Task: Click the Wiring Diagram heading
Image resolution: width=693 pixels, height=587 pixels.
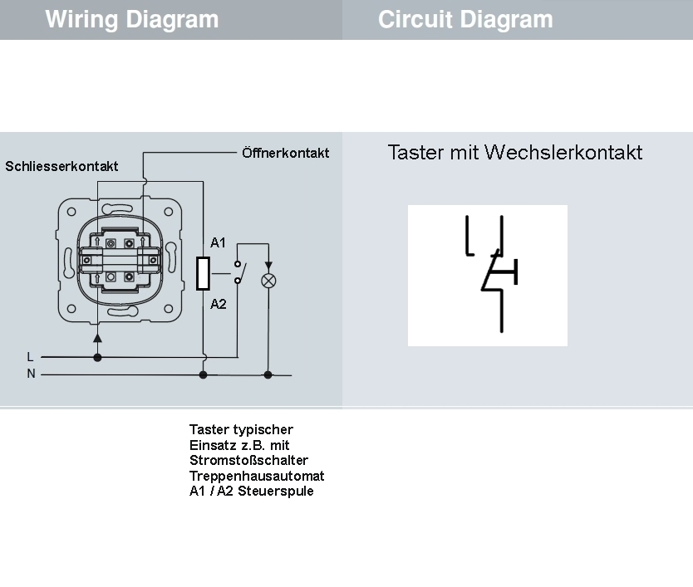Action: click(x=132, y=19)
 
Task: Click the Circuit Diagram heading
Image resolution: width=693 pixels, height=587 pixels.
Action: click(x=465, y=19)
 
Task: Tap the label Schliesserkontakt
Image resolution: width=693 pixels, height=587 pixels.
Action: click(x=61, y=166)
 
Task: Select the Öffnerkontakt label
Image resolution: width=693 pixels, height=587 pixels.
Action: click(x=285, y=153)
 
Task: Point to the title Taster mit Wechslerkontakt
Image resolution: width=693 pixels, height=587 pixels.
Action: click(x=515, y=153)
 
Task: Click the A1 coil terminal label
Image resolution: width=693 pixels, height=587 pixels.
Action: click(x=218, y=243)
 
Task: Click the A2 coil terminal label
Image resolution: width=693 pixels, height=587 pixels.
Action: click(x=218, y=304)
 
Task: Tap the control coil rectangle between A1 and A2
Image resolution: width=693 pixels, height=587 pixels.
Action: click(x=203, y=273)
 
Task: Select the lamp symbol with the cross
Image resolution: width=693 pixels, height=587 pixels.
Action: click(x=268, y=280)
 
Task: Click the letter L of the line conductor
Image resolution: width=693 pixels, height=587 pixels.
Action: click(x=31, y=357)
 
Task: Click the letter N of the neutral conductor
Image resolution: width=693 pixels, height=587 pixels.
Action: click(x=32, y=374)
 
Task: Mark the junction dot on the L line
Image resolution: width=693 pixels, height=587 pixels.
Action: click(x=97, y=357)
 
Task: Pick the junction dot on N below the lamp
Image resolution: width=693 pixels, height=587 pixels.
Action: click(x=268, y=374)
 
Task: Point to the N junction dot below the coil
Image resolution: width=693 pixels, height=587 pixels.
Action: click(x=203, y=374)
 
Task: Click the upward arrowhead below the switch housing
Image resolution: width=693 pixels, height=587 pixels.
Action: click(x=97, y=337)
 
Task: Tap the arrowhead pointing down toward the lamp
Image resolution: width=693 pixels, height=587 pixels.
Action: click(x=268, y=266)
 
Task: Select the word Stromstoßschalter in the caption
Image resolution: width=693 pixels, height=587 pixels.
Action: click(x=248, y=460)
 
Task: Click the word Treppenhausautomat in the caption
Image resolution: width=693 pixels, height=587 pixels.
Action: click(x=257, y=476)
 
